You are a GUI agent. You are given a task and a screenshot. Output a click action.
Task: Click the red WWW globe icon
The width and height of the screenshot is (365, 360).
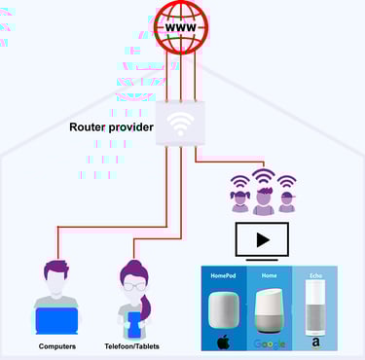coord(180,28)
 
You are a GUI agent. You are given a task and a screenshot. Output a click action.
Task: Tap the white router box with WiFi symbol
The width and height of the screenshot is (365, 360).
coord(180,125)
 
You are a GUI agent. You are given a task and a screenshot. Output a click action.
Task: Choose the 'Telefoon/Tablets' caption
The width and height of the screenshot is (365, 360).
coord(133,346)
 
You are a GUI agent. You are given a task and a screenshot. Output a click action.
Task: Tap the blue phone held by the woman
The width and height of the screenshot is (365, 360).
coord(134,313)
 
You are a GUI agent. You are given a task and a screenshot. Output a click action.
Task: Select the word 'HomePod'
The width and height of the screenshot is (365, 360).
coord(223,275)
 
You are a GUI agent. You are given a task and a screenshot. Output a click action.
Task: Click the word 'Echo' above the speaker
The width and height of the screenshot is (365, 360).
coord(313,275)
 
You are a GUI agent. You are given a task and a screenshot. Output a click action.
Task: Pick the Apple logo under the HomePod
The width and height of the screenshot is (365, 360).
coord(223,342)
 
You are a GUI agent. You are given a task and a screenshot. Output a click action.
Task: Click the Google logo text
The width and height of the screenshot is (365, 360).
coord(269,342)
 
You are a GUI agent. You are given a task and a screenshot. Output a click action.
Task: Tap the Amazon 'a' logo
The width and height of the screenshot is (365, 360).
coord(314,342)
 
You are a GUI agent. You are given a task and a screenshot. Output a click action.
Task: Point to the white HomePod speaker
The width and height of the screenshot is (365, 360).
coord(224,310)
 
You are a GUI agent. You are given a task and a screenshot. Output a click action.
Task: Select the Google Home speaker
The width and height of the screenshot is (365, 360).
coord(269,310)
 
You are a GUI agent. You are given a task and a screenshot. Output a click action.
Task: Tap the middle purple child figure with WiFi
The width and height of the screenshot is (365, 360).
coord(264,195)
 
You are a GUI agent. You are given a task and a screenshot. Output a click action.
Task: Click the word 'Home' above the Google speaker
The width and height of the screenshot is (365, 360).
coord(269,275)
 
